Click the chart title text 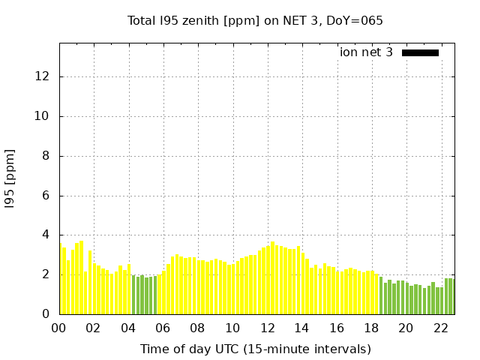(x=255, y=20)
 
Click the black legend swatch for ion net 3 (x=420, y=52)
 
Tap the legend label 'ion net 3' (x=366, y=52)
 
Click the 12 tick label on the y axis (x=44, y=76)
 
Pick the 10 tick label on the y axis (x=44, y=116)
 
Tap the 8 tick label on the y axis (x=47, y=156)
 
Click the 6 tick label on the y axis (x=47, y=196)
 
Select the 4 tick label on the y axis (x=47, y=235)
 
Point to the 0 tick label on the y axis (x=47, y=314)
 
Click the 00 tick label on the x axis (x=59, y=328)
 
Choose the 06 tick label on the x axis (x=163, y=328)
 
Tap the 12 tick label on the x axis (x=268, y=328)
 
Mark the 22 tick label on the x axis (x=441, y=328)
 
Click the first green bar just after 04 (x=133, y=295)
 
